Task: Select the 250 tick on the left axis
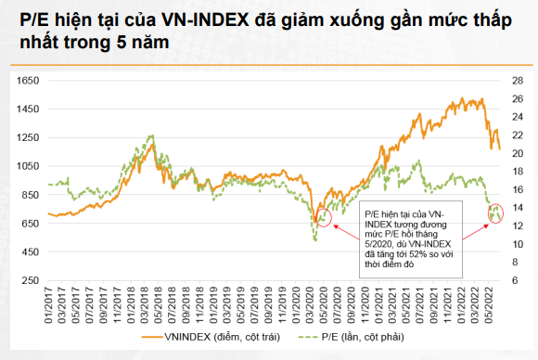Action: (x=26, y=281)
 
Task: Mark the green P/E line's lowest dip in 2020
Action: (x=315, y=240)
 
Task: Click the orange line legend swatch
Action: (x=149, y=336)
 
